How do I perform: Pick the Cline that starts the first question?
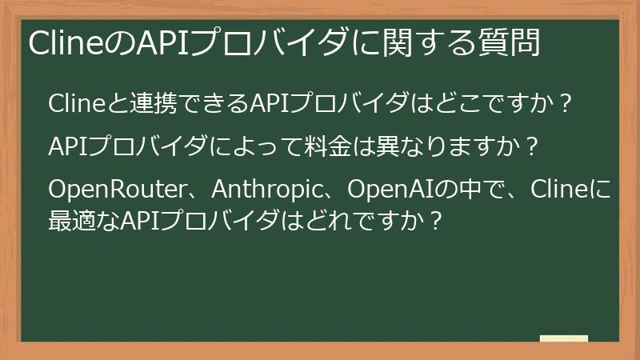pos(74,104)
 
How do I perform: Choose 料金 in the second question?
pos(329,147)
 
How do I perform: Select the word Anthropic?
pos(270,191)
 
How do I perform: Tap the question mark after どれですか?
pos(437,218)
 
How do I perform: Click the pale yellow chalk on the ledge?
pos(563,338)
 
